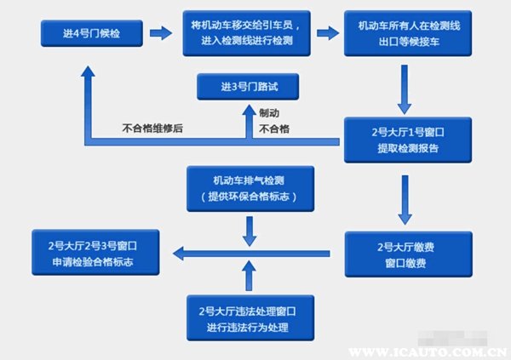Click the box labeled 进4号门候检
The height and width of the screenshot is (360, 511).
tap(92, 33)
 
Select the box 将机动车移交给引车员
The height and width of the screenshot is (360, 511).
tap(246, 33)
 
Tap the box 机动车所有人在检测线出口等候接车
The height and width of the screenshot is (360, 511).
tap(408, 33)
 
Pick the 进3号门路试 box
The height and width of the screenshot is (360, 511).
tap(248, 87)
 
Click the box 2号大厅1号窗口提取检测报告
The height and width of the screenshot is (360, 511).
tap(408, 140)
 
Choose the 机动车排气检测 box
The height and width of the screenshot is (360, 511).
tap(250, 189)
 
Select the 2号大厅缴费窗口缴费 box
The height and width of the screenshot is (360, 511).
tap(408, 254)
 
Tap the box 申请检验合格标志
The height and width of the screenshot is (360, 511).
tap(95, 253)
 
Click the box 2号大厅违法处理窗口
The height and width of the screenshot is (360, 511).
tap(250, 318)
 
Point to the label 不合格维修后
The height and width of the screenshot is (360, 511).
tap(152, 128)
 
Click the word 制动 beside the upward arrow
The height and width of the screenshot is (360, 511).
tap(269, 113)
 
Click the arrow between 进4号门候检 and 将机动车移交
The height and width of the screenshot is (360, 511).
tap(161, 33)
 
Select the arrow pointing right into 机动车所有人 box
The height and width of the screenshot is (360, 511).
tap(328, 33)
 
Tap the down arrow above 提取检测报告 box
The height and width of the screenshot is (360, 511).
tap(405, 89)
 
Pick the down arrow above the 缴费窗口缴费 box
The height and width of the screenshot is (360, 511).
tap(405, 200)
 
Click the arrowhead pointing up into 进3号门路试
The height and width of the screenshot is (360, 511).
tap(250, 110)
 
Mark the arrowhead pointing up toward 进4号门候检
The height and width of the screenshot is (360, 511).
tap(88, 71)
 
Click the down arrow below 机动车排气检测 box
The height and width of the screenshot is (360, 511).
tap(250, 231)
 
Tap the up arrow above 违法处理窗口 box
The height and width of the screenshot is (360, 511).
tap(249, 275)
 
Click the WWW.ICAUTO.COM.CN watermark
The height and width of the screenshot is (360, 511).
tap(428, 352)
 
